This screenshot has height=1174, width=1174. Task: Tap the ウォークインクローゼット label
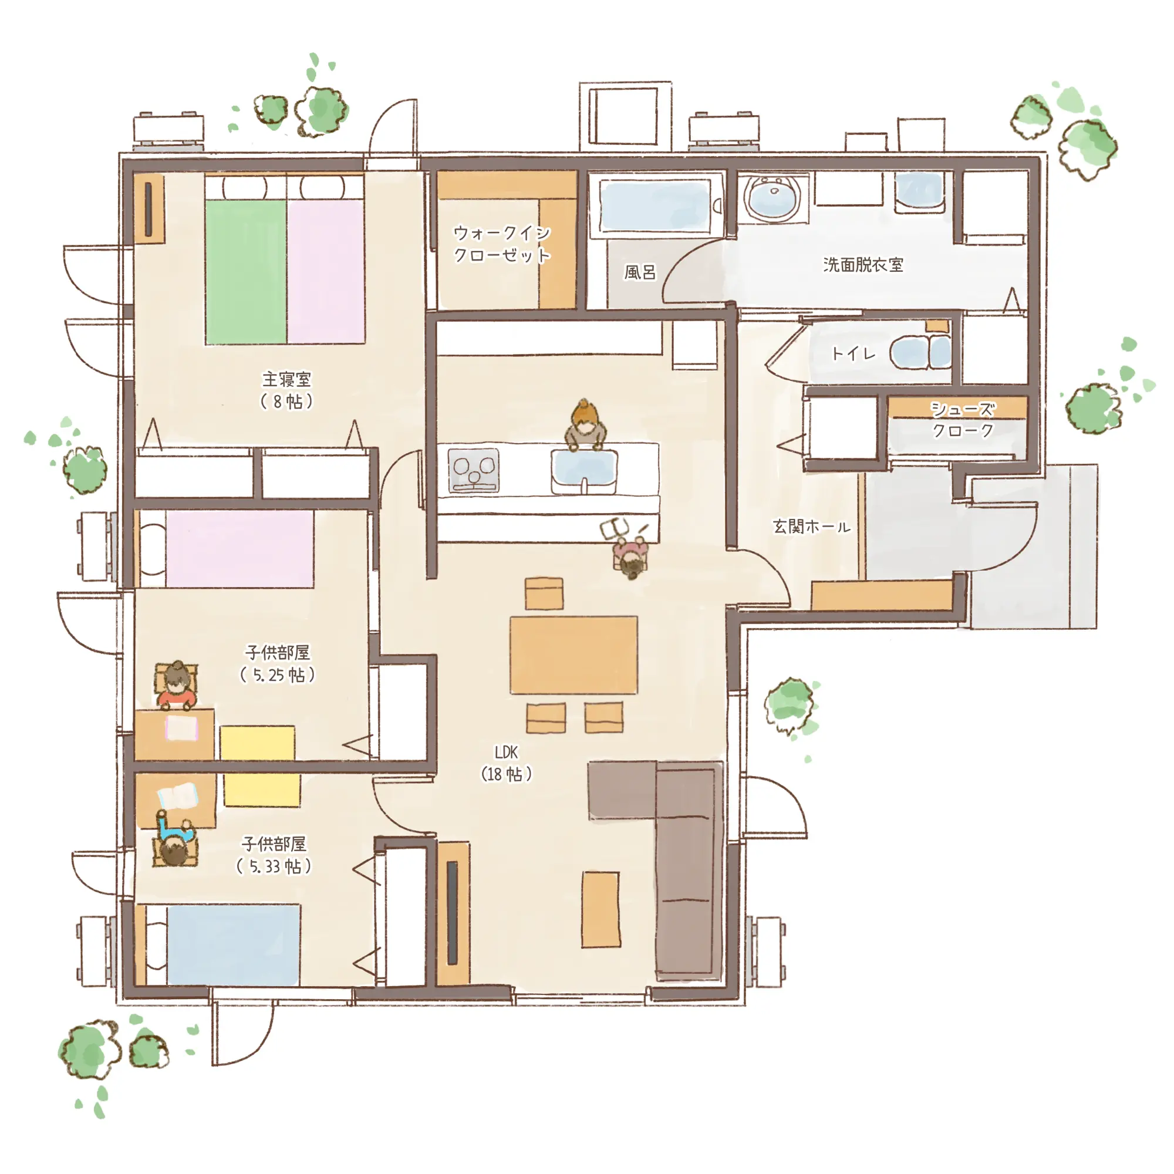point(502,244)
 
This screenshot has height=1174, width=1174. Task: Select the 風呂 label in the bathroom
point(640,272)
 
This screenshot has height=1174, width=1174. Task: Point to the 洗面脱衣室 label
point(863,264)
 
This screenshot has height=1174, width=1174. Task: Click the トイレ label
point(853,353)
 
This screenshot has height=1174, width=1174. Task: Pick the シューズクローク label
point(963,419)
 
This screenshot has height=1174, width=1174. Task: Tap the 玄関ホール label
point(811,526)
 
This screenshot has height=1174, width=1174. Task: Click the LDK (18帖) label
point(506,763)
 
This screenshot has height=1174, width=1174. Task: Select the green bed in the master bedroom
point(245,272)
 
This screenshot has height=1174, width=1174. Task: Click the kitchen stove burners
point(473,470)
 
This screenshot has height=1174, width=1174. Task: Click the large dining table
point(573,655)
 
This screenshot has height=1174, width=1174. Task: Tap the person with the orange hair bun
point(585,425)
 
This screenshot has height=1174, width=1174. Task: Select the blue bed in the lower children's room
point(234,945)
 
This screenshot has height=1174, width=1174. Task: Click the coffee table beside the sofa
point(601,910)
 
